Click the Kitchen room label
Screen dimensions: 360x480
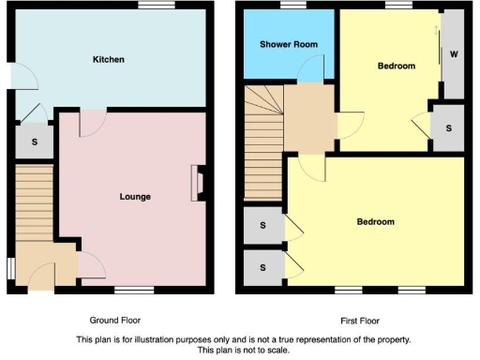[x=108, y=60]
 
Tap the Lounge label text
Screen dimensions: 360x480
[x=135, y=197]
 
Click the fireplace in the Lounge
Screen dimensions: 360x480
[x=196, y=183]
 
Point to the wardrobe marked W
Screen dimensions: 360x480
[x=454, y=54]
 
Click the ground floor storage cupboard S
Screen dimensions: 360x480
[x=34, y=142]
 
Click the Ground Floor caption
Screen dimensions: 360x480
[x=115, y=320]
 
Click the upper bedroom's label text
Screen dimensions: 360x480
[x=396, y=67]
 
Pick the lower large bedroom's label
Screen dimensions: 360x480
[x=375, y=222]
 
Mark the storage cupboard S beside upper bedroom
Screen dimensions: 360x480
[x=448, y=127]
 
